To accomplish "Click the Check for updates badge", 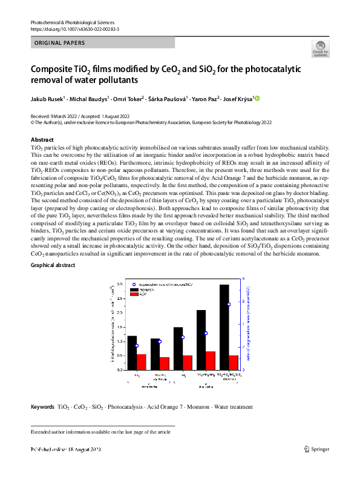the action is [319, 49].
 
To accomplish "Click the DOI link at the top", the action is [74, 29].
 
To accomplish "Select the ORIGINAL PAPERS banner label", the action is [59, 43].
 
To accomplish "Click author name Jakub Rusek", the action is [47, 99].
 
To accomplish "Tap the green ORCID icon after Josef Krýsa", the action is [257, 98].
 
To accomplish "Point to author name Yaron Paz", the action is [205, 99].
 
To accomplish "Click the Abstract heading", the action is [42, 140].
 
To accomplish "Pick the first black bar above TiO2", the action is [132, 352].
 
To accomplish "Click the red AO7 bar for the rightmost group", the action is [234, 362].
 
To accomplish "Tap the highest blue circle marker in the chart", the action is [229, 305].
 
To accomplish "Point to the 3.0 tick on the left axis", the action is [119, 284].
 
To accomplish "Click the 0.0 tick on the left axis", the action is [119, 369].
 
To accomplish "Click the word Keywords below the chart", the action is [42, 406].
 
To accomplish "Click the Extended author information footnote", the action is [100, 432].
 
